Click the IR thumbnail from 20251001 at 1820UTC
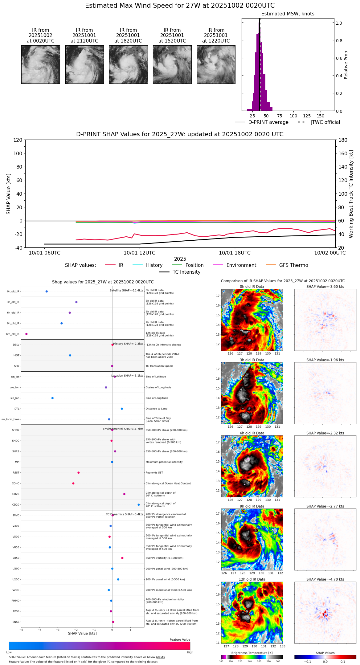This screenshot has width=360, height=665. coord(128,64)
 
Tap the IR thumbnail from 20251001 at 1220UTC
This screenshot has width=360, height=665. coord(216,64)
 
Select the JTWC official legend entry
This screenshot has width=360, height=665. coord(319,122)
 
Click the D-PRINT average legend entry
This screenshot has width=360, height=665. coord(262,122)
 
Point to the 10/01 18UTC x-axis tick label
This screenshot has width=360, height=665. coord(235,253)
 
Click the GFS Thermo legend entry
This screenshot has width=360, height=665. coord(287,265)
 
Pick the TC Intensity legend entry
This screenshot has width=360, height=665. coord(180,272)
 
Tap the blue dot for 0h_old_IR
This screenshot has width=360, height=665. coord(47,292)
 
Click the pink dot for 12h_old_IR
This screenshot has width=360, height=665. coord(27,334)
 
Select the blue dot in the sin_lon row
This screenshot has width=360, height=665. coord(52,398)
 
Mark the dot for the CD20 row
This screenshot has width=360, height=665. coord(139,505)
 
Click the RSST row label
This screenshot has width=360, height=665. coord(16,473)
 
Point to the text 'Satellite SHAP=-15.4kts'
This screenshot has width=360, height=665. coord(126,291)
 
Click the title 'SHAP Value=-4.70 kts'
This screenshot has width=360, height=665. coord(325,579)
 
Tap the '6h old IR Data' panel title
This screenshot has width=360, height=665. coord(252,433)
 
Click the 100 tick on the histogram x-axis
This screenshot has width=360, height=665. coord(293,116)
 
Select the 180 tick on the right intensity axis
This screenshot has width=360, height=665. coord(343,140)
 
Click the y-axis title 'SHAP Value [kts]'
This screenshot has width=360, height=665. coord(9,194)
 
